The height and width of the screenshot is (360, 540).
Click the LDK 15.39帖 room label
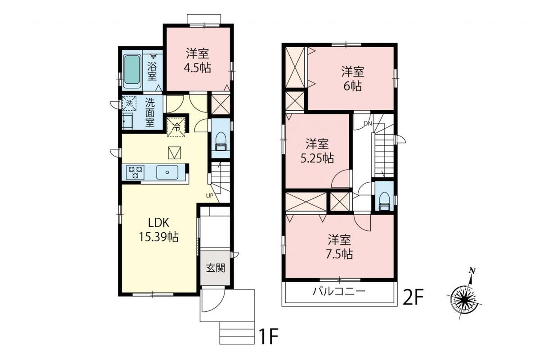158,230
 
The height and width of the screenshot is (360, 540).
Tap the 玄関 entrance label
216,268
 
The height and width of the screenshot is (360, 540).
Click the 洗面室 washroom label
150,113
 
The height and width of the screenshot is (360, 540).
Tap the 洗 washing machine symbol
129,103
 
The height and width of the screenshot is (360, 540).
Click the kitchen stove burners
135,172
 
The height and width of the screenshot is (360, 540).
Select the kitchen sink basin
167,172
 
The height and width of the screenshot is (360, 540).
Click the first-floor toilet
220,142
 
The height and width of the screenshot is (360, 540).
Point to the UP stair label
210,196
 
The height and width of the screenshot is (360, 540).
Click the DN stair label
368,124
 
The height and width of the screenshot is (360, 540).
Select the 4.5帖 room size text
198,68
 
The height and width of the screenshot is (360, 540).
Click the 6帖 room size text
353,86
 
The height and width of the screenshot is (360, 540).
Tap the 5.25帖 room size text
317,158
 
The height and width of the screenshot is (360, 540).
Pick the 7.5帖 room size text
340,254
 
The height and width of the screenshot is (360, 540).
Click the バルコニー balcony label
339,292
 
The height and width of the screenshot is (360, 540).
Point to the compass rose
464,298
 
